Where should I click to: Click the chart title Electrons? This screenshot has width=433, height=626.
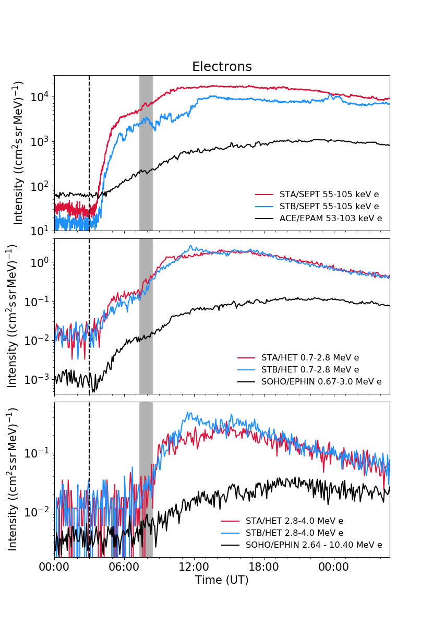coord(222,67)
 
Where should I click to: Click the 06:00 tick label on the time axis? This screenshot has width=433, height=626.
coord(124,567)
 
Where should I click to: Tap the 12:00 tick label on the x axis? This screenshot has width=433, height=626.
coord(194,567)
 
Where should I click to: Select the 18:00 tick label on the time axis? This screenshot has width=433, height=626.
coord(263,567)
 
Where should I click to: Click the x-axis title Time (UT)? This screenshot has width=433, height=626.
coord(222,580)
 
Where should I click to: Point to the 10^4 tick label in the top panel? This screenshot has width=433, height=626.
coord(39,97)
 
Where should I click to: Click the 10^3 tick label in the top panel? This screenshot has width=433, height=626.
coord(39,141)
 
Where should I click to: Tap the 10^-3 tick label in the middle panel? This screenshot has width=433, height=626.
coord(37,380)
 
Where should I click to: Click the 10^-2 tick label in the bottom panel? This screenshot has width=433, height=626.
coord(37,512)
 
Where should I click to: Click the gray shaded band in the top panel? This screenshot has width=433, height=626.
coord(146,153)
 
